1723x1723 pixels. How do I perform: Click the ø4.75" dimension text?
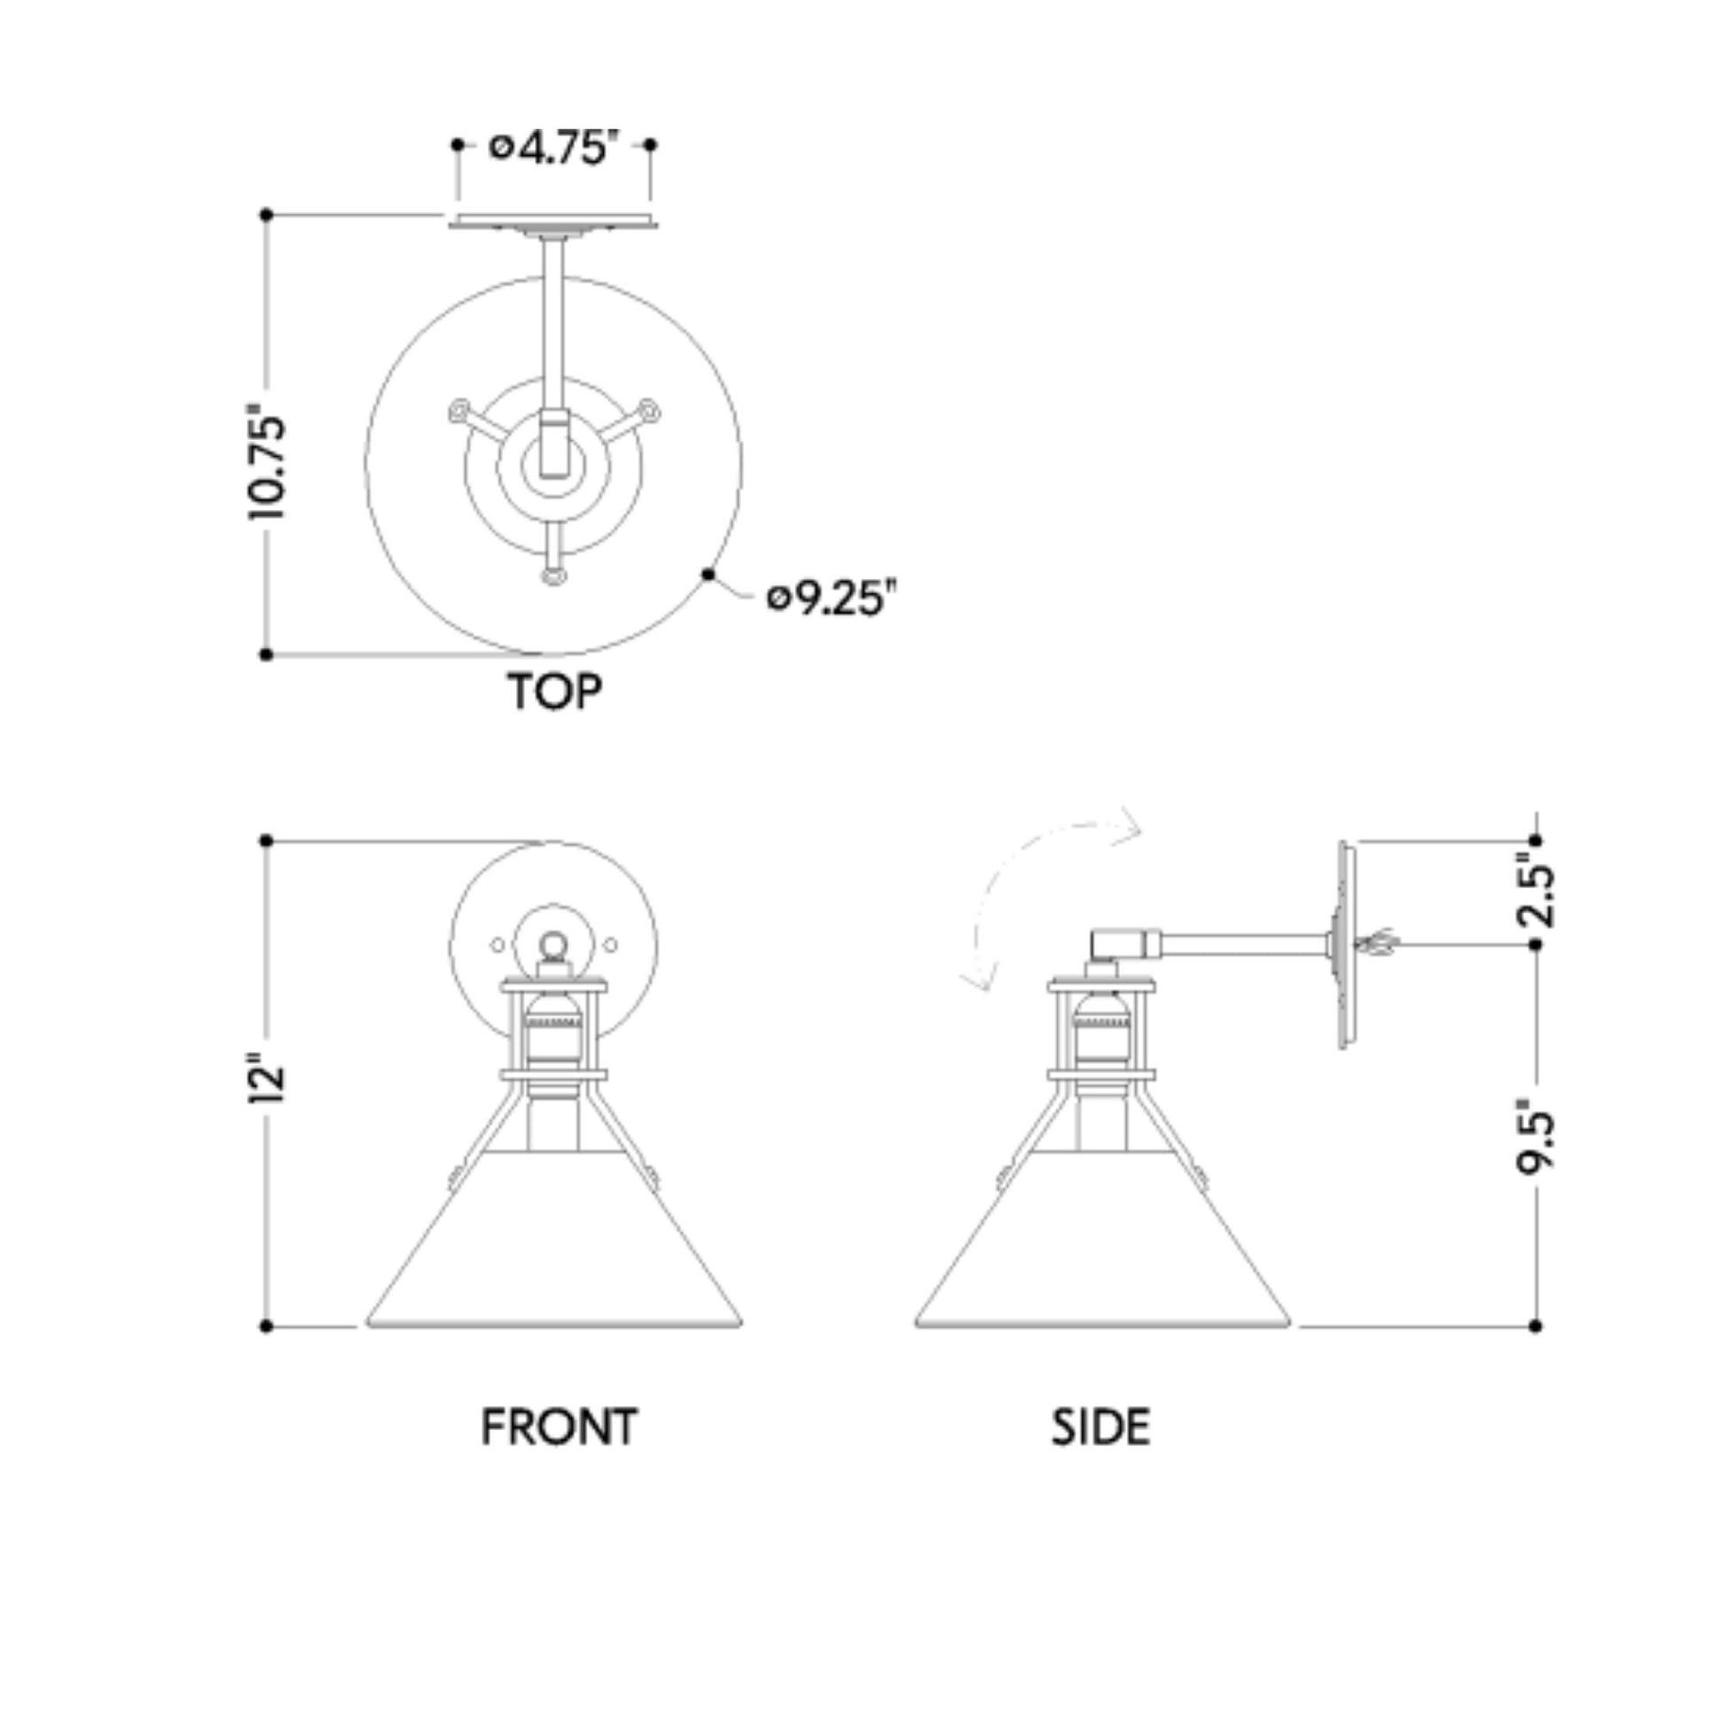(554, 147)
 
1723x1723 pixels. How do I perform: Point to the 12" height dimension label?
(266, 1080)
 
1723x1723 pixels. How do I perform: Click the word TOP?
(555, 692)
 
